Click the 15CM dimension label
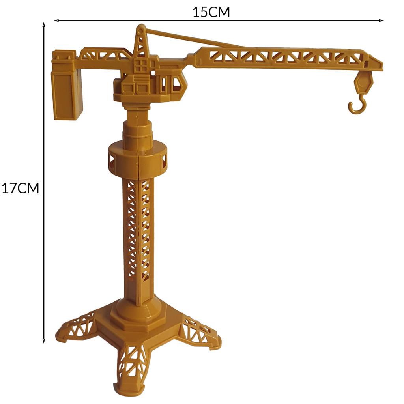211,12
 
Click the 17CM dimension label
21,188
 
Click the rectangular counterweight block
67,94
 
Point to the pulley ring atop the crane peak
141,30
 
